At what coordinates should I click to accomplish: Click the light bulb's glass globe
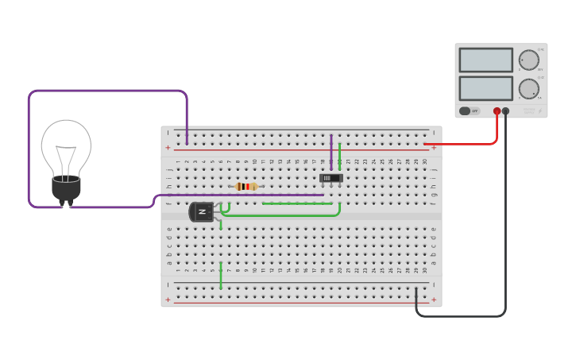66,147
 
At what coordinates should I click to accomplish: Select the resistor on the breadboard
246,187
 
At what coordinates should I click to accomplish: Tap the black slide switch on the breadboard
331,178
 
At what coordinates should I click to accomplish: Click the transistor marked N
202,211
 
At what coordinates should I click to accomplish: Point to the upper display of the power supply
485,60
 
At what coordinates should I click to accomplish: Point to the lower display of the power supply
485,87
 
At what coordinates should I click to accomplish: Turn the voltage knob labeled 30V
528,60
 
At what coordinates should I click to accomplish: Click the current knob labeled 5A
528,88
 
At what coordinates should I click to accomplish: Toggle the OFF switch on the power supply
470,111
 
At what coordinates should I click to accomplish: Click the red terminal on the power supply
497,111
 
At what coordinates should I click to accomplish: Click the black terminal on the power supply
506,111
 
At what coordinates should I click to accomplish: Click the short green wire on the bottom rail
221,276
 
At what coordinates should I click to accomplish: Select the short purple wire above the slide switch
331,151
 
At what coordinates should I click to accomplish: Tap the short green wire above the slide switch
340,154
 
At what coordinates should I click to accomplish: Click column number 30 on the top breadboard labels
424,161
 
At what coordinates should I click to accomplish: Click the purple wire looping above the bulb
107,91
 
